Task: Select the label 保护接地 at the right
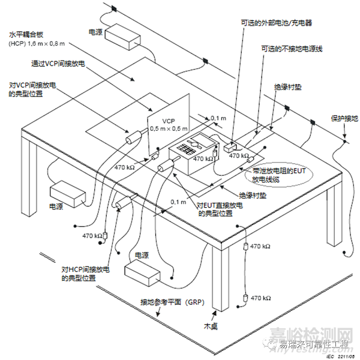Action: (343, 118)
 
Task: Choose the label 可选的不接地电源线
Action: (292, 49)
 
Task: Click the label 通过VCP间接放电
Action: (60, 62)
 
